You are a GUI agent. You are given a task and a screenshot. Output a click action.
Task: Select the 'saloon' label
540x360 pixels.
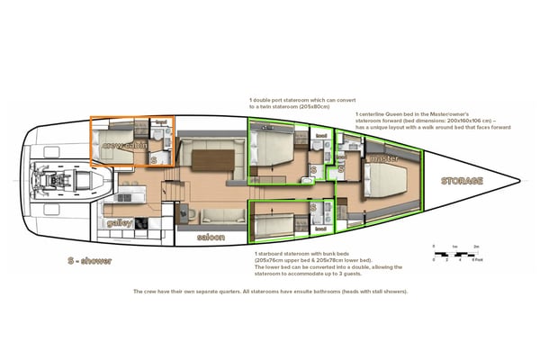coord(212,238)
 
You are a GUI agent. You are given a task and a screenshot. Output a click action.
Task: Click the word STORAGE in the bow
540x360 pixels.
coord(462,181)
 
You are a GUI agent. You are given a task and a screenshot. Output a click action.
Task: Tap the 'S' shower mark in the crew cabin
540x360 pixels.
coord(153,159)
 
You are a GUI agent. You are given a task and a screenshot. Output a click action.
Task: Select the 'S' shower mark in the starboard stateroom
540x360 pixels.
coord(315,208)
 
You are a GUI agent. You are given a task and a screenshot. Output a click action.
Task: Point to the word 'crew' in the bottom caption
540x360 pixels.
coord(148,292)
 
